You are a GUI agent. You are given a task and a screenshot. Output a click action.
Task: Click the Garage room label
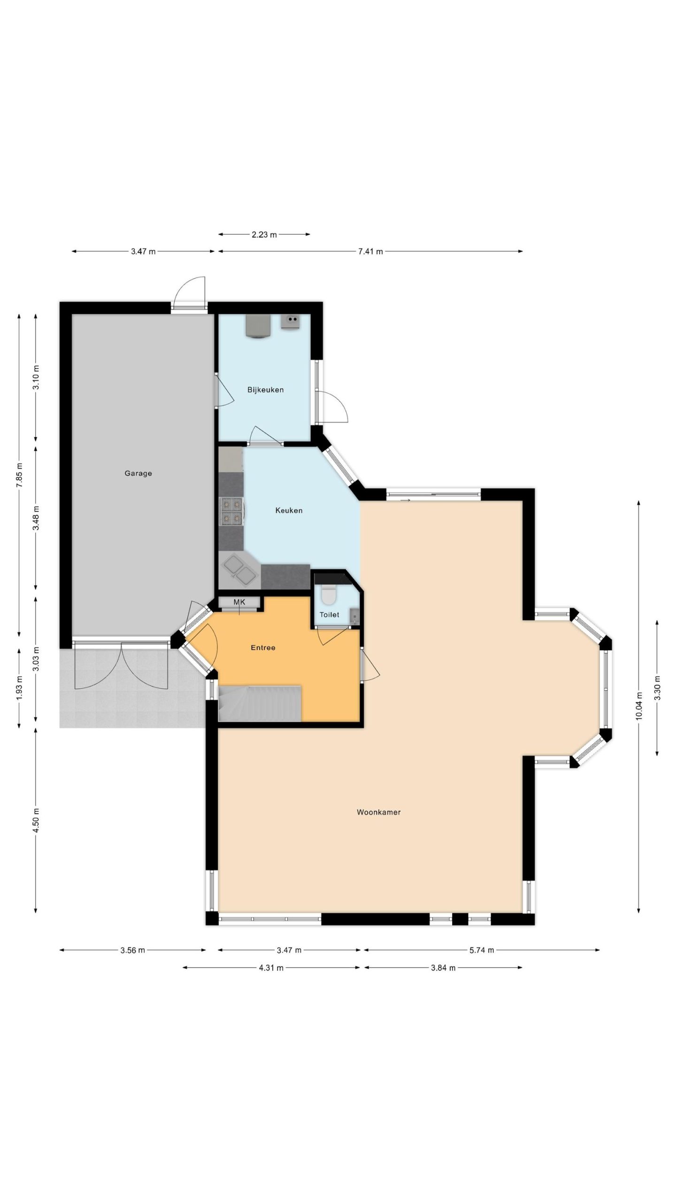pyautogui.click(x=138, y=473)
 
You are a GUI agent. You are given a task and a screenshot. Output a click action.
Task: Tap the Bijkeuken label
pyautogui.click(x=265, y=390)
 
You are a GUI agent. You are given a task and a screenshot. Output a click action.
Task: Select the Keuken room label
pyautogui.click(x=289, y=510)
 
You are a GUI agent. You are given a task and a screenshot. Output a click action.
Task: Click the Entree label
pyautogui.click(x=263, y=647)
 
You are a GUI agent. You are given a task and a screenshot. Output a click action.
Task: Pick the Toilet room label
pyautogui.click(x=329, y=614)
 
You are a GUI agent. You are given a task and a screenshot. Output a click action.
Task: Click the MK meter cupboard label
pyautogui.click(x=239, y=602)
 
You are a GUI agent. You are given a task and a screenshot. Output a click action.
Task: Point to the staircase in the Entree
pyautogui.click(x=260, y=703)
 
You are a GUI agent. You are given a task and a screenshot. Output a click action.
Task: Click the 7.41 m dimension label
pyautogui.click(x=370, y=251)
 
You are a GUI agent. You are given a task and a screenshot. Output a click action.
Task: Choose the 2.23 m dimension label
pyautogui.click(x=264, y=234)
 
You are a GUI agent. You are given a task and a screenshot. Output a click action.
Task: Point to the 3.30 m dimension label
pyautogui.click(x=657, y=687)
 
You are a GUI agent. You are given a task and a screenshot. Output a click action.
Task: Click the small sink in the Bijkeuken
pyautogui.click(x=291, y=322)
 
